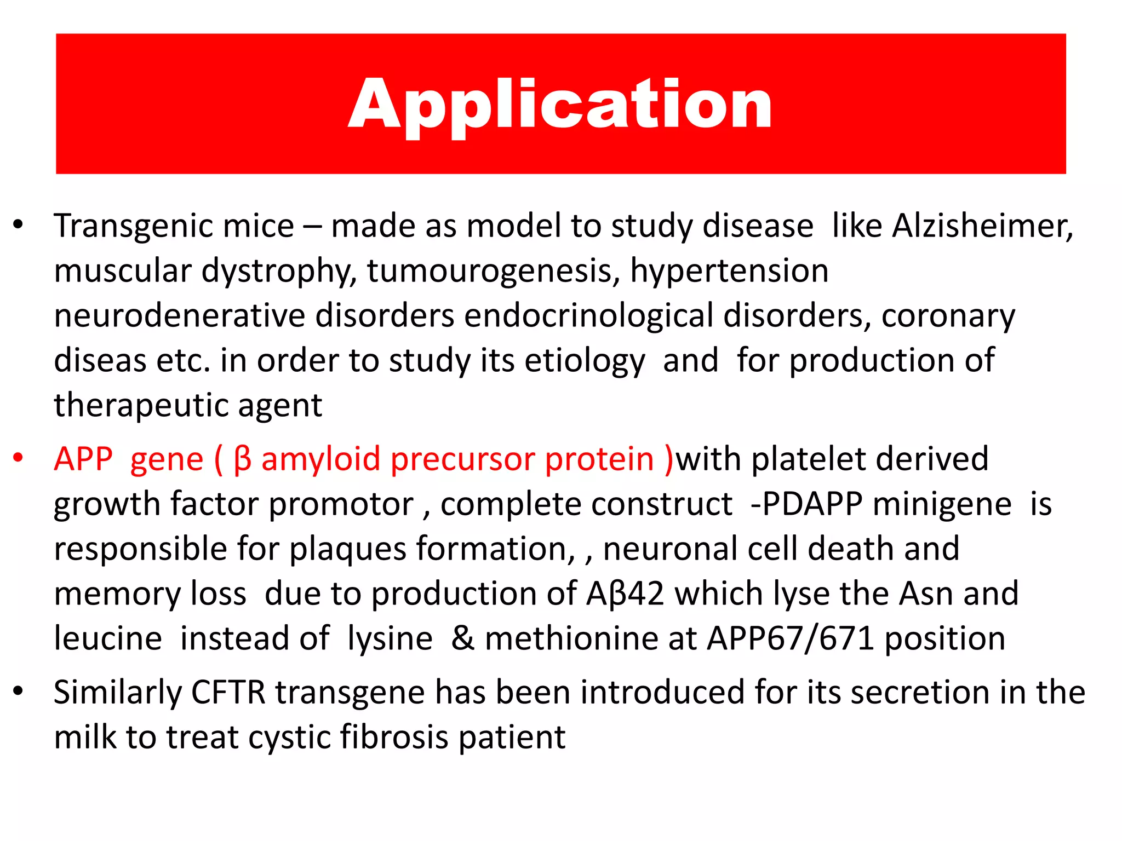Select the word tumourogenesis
point(493,271)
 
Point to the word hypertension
point(729,271)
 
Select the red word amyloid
point(320,459)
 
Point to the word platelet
point(808,459)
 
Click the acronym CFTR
point(228,692)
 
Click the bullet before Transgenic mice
point(19,224)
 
